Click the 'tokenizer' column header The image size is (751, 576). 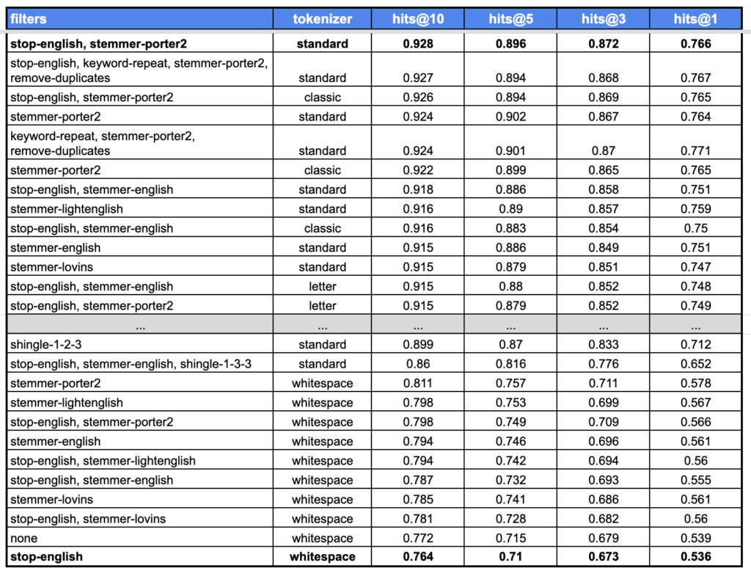322,19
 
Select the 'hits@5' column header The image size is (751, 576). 510,19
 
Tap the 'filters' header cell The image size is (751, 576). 29,19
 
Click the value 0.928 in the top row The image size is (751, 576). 418,43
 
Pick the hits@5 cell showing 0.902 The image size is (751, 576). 510,116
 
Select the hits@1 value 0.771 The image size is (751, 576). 695,150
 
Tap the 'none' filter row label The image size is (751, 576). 23,538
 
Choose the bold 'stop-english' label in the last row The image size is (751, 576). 46,556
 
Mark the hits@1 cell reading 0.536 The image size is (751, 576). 695,556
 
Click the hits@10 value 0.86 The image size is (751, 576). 418,363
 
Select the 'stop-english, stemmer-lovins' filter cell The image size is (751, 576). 88,519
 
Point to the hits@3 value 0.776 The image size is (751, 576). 604,363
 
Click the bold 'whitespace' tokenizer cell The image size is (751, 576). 322,556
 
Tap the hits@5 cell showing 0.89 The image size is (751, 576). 510,208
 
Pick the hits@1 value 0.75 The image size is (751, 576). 695,228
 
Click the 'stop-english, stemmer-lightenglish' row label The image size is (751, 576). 103,461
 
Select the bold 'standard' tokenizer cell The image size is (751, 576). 322,43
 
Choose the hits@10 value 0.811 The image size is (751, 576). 418,383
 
